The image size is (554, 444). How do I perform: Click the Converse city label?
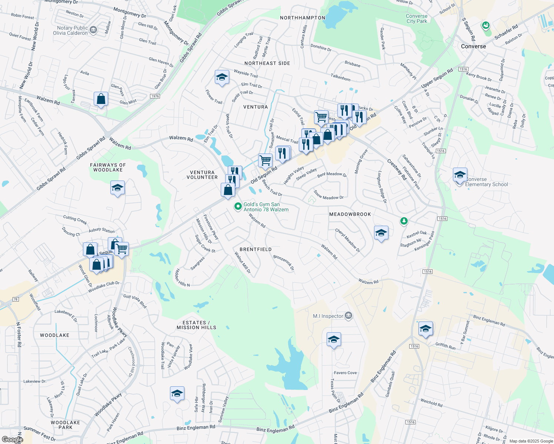(473, 46)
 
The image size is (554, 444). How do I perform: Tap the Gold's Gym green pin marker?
(238, 206)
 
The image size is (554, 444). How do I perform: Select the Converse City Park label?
(417, 18)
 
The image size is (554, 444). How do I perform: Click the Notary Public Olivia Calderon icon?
(93, 30)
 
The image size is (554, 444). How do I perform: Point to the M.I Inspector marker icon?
(348, 316)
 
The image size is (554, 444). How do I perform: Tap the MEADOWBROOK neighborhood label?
(350, 214)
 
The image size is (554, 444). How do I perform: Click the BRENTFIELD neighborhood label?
(256, 249)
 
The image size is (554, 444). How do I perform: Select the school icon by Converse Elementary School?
(460, 175)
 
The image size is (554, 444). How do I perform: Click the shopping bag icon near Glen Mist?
(101, 99)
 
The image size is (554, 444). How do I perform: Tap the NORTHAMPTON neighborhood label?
(303, 18)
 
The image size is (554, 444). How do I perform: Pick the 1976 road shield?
(155, 96)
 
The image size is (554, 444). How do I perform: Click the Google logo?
(12, 439)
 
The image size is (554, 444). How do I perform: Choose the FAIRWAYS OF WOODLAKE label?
(108, 168)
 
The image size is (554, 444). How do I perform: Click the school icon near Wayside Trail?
(221, 77)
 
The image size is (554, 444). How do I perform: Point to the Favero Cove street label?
(345, 373)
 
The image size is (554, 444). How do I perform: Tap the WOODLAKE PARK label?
(65, 425)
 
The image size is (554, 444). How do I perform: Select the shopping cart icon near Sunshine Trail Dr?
(265, 161)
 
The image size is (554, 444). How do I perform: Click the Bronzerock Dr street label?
(284, 262)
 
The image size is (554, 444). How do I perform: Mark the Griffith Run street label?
(445, 346)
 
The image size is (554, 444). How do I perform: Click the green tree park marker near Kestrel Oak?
(404, 221)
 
